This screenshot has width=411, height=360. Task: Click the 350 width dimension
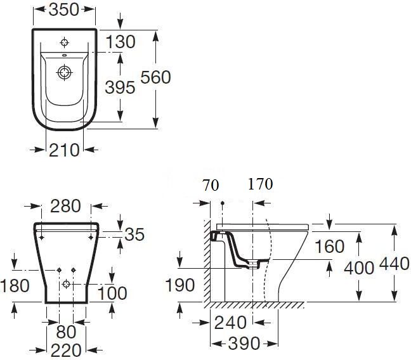point(63,10)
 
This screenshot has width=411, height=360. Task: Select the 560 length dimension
point(155,77)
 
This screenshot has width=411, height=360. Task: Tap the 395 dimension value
point(120,87)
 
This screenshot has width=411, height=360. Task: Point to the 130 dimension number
point(121,42)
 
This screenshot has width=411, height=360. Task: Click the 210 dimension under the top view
point(64,150)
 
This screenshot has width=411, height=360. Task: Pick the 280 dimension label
point(65,206)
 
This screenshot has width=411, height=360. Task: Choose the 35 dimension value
point(134,235)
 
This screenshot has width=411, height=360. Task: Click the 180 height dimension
point(15,285)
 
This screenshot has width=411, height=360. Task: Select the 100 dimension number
point(112,293)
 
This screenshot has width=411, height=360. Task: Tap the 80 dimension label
point(66,332)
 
